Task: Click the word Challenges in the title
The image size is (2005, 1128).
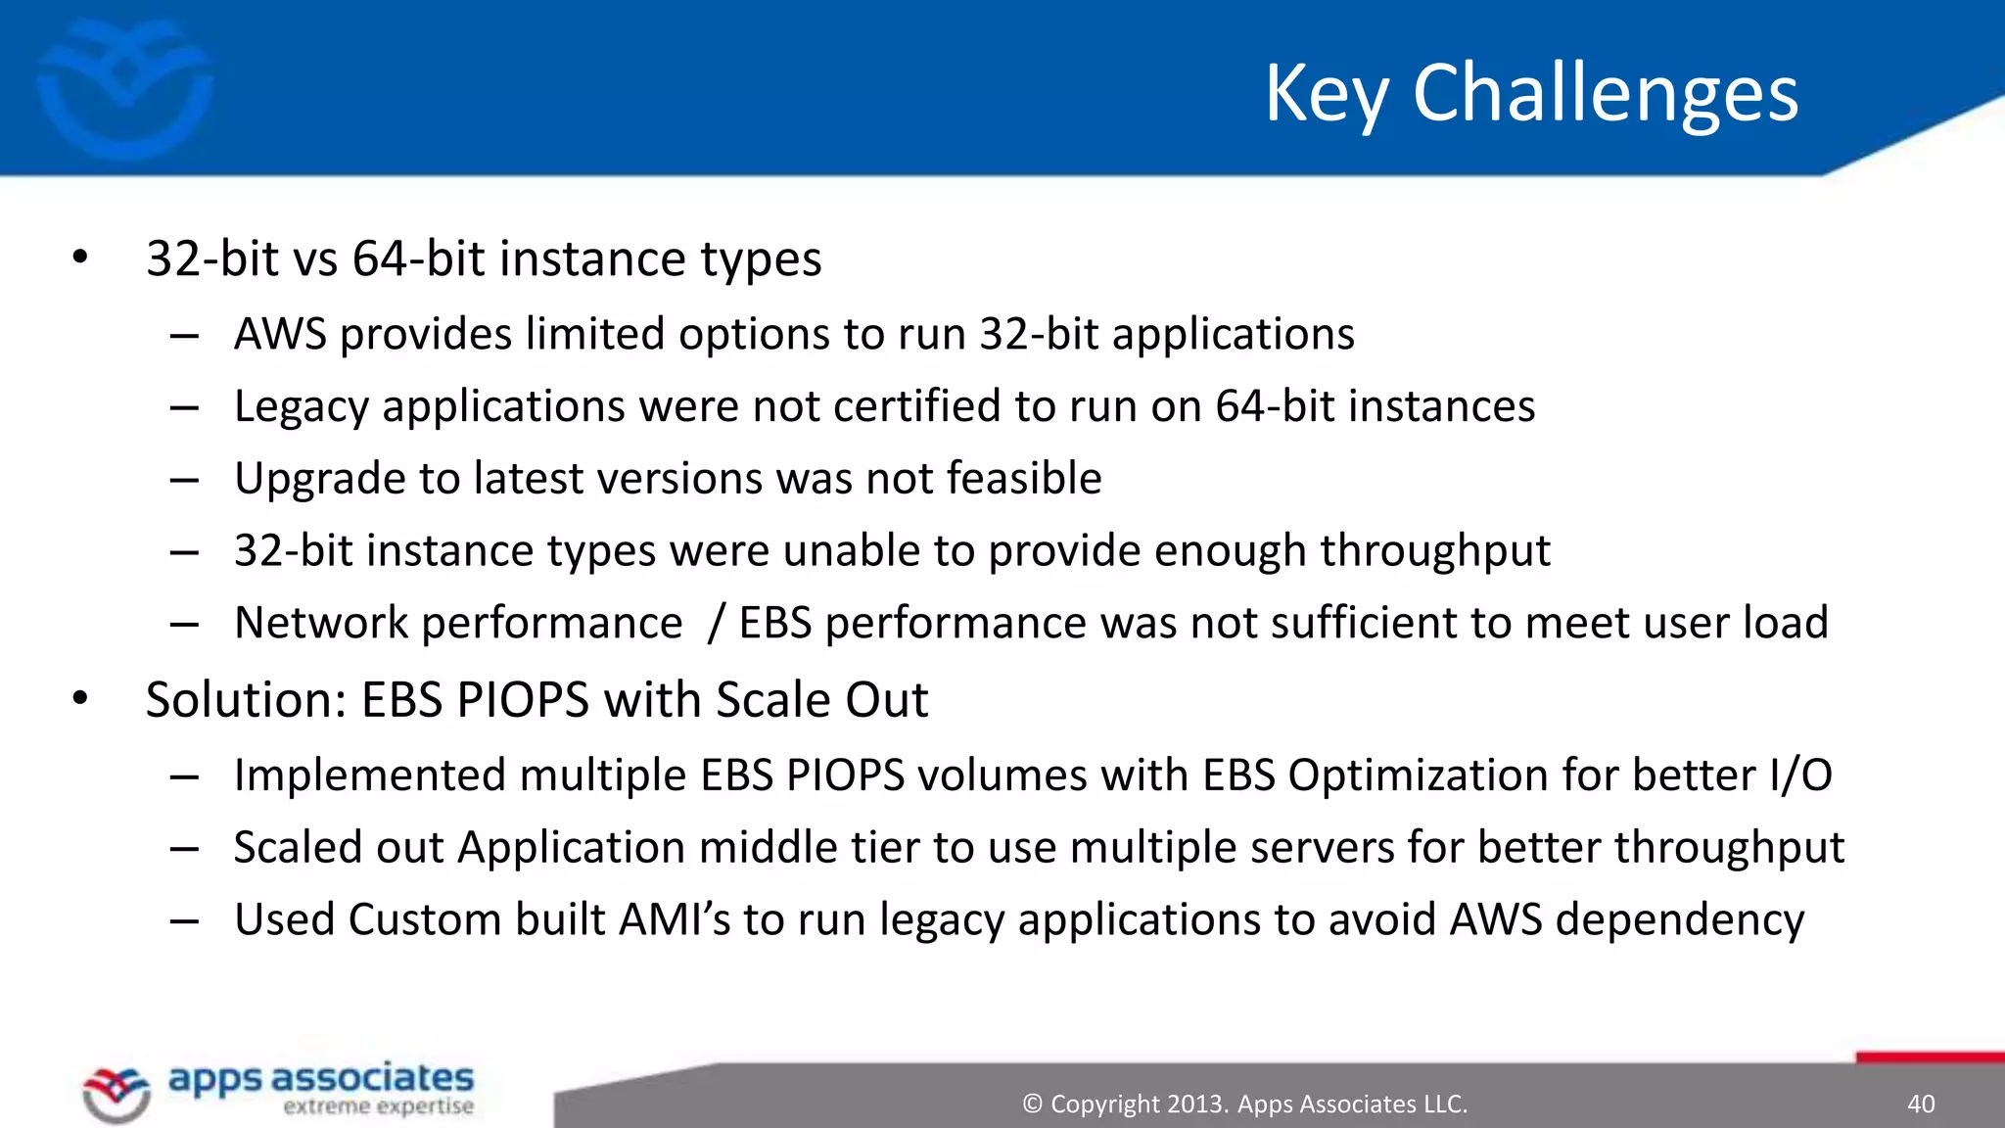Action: (1606, 93)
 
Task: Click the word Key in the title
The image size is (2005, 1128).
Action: (1327, 93)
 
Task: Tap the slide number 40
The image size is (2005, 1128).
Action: (1921, 1104)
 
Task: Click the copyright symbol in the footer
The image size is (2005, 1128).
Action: (1032, 1104)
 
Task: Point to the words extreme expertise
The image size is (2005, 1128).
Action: (378, 1106)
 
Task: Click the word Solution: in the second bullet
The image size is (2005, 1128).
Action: (245, 700)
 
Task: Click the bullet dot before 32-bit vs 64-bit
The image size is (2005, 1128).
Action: (80, 258)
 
